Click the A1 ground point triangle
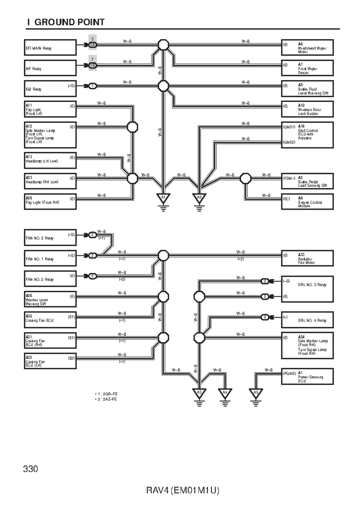[163, 198]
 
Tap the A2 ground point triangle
[199, 198]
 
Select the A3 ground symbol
[199, 393]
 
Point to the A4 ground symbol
[225, 393]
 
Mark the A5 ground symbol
[256, 393]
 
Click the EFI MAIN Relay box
[50, 48]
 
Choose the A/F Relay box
[50, 68]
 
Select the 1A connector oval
[93, 45]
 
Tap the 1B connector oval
[93, 65]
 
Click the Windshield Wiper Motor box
[307, 48]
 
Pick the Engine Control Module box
[307, 202]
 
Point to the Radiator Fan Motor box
[307, 258]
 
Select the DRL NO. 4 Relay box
[307, 320]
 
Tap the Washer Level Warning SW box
[50, 299]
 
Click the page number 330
[31, 469]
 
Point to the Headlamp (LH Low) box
[50, 160]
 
